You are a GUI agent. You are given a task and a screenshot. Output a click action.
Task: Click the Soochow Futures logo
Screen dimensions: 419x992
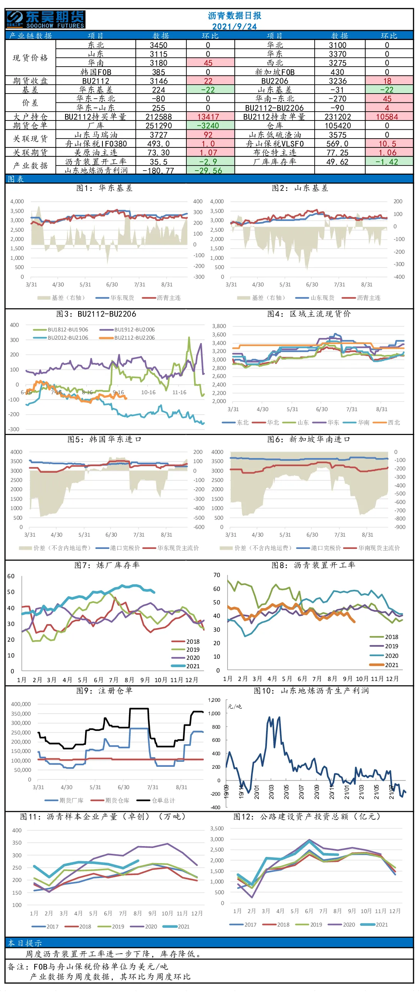(45, 19)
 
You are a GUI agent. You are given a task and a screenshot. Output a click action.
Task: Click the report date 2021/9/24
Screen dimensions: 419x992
(234, 27)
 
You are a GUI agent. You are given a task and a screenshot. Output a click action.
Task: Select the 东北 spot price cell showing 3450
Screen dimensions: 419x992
(159, 45)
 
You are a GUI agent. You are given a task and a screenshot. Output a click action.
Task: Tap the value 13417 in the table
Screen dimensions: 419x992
(208, 117)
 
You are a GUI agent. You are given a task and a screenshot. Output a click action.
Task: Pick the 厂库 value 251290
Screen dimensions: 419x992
(159, 125)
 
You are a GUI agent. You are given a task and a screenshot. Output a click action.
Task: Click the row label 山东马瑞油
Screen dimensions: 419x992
(96, 135)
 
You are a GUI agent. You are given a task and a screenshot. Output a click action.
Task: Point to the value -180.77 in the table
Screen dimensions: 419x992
(158, 170)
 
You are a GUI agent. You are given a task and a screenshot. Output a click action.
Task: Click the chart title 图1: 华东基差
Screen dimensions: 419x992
(104, 188)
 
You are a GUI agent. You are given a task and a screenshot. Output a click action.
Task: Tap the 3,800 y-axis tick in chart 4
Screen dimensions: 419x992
(219, 326)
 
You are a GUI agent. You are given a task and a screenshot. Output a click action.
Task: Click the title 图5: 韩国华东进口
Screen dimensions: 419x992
(104, 439)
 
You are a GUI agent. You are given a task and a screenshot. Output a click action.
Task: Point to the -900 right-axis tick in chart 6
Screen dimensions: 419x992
(400, 527)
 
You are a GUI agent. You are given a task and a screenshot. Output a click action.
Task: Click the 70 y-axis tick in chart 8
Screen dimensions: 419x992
(217, 575)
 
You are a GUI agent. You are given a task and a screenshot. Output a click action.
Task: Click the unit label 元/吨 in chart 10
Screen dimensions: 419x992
(235, 706)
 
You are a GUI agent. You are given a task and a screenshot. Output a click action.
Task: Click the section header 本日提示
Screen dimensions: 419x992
(25, 943)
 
